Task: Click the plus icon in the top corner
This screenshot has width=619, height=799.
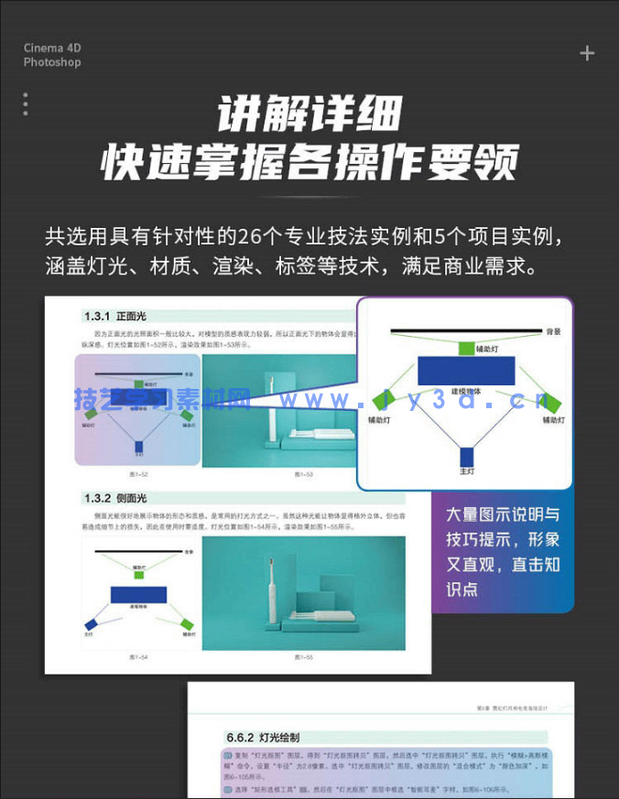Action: click(x=587, y=53)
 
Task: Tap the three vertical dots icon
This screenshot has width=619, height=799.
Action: click(x=25, y=104)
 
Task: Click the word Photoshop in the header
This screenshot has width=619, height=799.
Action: click(x=52, y=62)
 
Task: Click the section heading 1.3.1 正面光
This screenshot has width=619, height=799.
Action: click(x=115, y=317)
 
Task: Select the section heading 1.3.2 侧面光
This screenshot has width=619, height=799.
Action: click(x=115, y=498)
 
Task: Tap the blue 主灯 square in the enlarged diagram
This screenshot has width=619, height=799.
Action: click(x=467, y=457)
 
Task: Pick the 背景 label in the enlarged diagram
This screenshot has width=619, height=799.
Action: click(x=553, y=331)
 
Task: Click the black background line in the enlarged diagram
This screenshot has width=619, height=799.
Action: click(x=466, y=330)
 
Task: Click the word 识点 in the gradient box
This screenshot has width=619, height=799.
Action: click(x=462, y=589)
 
